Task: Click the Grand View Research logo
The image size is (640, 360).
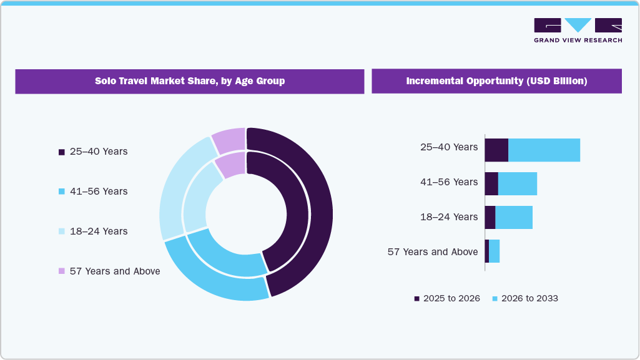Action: click(578, 30)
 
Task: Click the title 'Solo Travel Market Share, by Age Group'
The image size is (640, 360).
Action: click(189, 81)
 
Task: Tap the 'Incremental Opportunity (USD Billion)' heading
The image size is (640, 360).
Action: click(496, 81)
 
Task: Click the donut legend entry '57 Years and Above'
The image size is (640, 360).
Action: click(109, 271)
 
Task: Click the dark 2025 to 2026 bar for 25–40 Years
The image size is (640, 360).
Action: click(496, 150)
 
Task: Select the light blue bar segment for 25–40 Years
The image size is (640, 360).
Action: click(544, 150)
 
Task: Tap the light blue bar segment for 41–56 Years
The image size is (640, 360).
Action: click(517, 183)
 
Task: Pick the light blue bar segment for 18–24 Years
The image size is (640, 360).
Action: click(513, 217)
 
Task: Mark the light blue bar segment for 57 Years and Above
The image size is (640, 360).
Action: click(494, 251)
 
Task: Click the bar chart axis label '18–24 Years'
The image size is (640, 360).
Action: click(448, 217)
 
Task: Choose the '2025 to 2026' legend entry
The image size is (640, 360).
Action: click(447, 298)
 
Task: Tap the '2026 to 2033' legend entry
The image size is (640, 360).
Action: click(525, 298)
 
